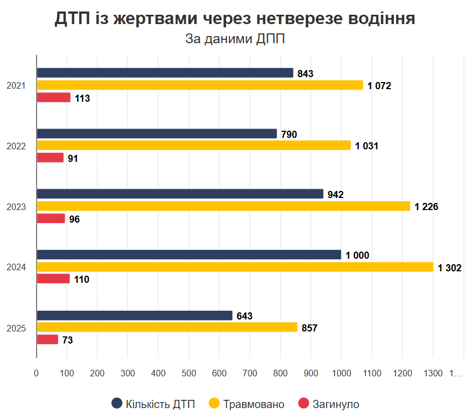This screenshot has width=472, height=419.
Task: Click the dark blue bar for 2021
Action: [165, 73]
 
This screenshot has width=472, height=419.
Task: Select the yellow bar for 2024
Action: [235, 267]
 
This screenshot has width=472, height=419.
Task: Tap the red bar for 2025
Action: [47, 340]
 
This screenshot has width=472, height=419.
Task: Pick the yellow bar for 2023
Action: [223, 206]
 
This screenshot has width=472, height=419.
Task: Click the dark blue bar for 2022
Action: [156, 133]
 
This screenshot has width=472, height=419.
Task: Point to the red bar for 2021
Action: [54, 98]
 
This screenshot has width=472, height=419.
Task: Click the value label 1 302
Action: [450, 267]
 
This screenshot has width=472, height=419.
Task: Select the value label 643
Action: [244, 316]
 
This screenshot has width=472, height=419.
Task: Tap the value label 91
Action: [73, 159]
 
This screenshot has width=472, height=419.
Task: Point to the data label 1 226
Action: [427, 207]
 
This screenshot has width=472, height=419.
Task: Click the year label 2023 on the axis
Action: [16, 207]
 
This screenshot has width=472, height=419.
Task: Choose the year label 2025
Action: [16, 328]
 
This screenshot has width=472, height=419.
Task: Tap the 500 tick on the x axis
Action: [189, 373]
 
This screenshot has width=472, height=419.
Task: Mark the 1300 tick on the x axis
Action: [433, 373]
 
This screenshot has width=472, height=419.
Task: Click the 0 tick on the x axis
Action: [36, 373]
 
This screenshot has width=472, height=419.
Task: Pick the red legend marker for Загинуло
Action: [304, 404]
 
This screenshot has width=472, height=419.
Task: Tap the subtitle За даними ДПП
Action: [235, 39]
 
